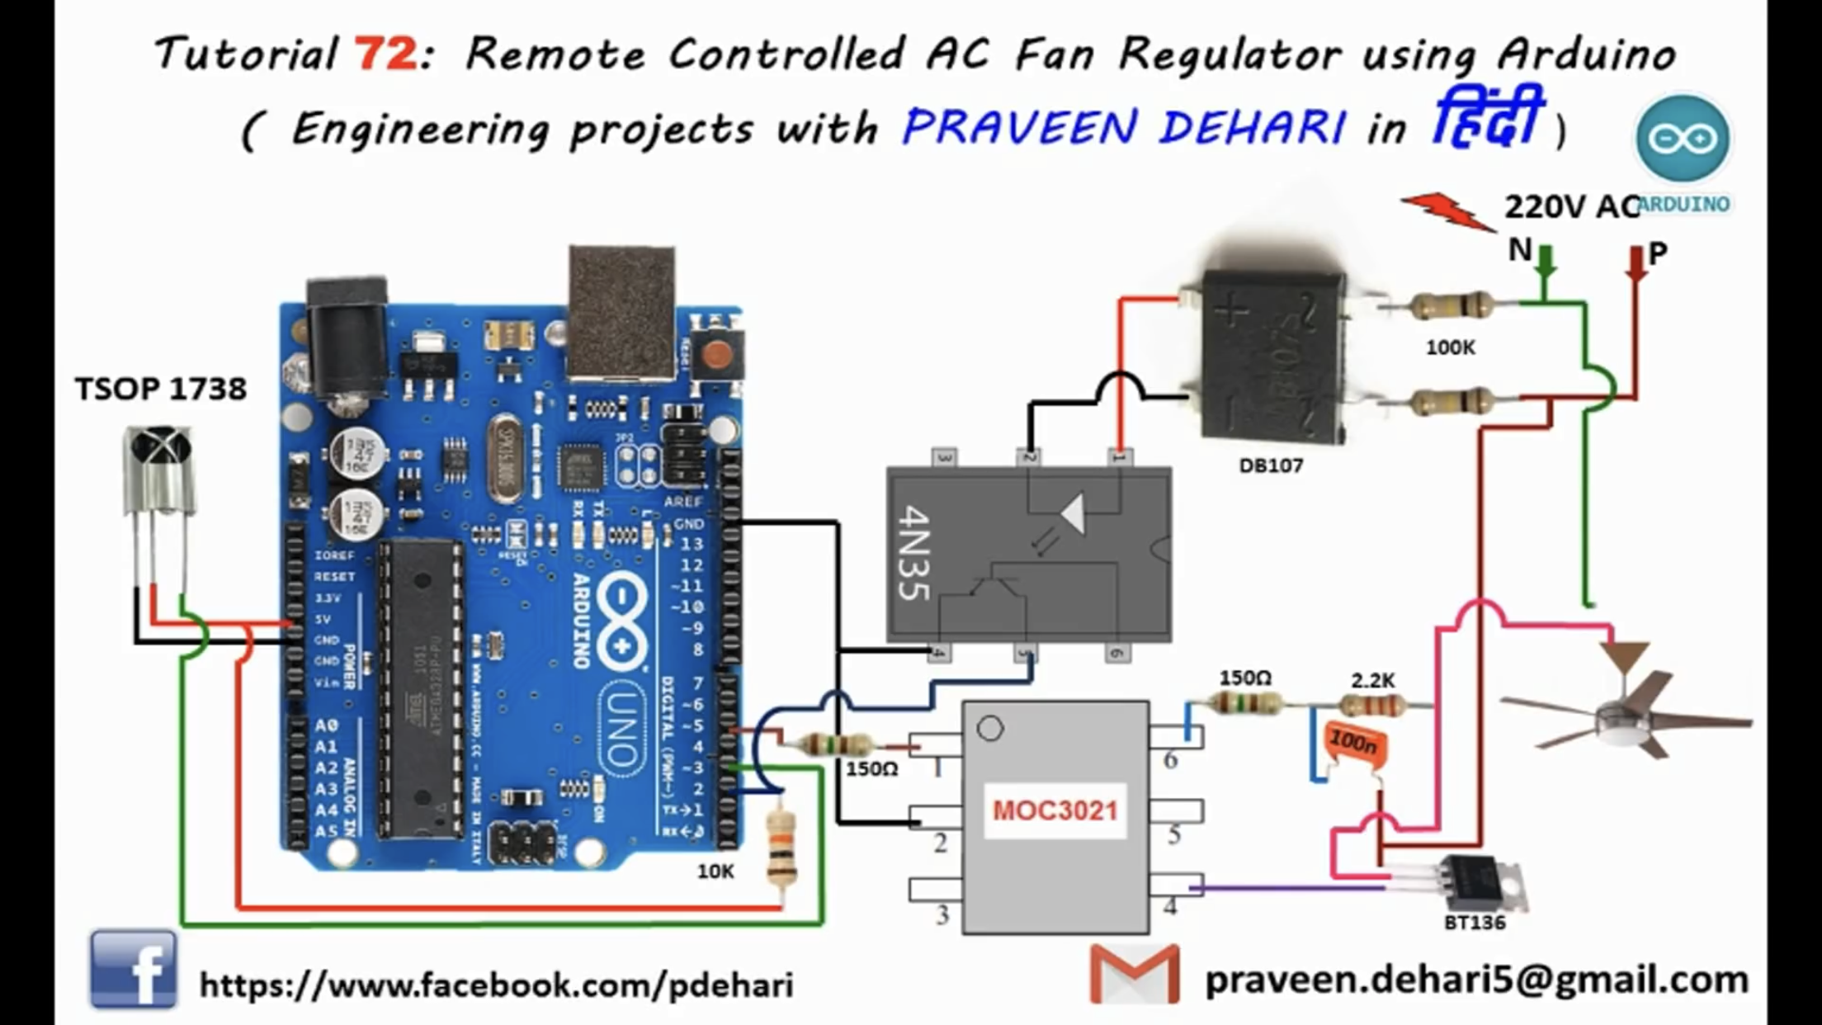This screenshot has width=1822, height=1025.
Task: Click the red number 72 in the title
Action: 386,55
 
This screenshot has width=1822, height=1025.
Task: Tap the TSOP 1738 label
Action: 161,389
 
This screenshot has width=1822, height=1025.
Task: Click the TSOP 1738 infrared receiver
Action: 159,470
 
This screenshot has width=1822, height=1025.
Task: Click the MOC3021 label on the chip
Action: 1055,810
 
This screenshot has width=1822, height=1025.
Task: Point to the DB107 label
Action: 1271,465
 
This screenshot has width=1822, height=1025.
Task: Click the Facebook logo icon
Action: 133,970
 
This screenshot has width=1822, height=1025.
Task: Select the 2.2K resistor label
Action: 1373,681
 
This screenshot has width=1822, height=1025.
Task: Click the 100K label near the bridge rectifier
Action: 1450,347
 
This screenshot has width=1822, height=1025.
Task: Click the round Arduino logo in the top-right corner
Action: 1683,138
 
